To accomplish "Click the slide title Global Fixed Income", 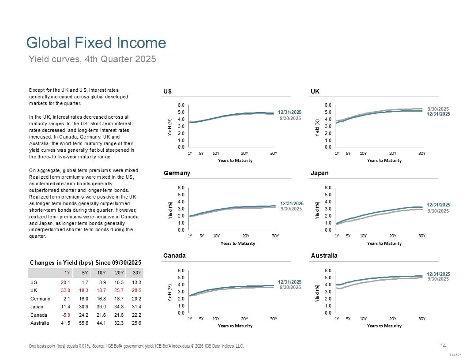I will click(x=96, y=43).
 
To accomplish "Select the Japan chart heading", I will click(x=320, y=173).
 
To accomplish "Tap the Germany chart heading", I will click(x=177, y=173).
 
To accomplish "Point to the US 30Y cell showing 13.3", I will click(x=137, y=282).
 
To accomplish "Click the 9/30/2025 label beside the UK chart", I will click(x=438, y=109).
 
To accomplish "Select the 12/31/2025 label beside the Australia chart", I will click(x=438, y=274).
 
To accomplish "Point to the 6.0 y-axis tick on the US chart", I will click(x=181, y=105).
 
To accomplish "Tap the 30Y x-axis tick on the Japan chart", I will click(x=422, y=236).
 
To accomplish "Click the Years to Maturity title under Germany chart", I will click(x=235, y=243).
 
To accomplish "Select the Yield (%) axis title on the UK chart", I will click(x=317, y=126).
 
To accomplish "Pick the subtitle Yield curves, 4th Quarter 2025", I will click(x=92, y=59).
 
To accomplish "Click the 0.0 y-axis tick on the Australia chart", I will click(x=328, y=313).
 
